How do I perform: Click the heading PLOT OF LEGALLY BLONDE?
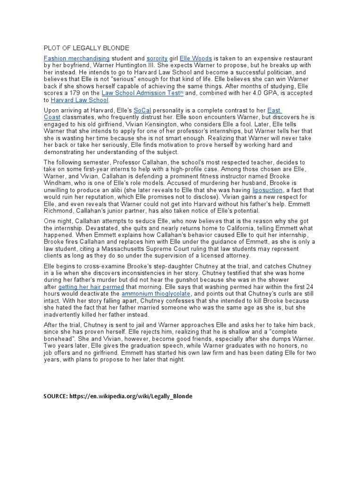point(86,48)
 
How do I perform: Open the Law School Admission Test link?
point(140,93)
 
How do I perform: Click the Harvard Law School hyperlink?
point(80,100)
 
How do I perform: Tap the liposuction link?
point(268,190)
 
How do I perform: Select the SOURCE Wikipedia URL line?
point(118,396)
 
